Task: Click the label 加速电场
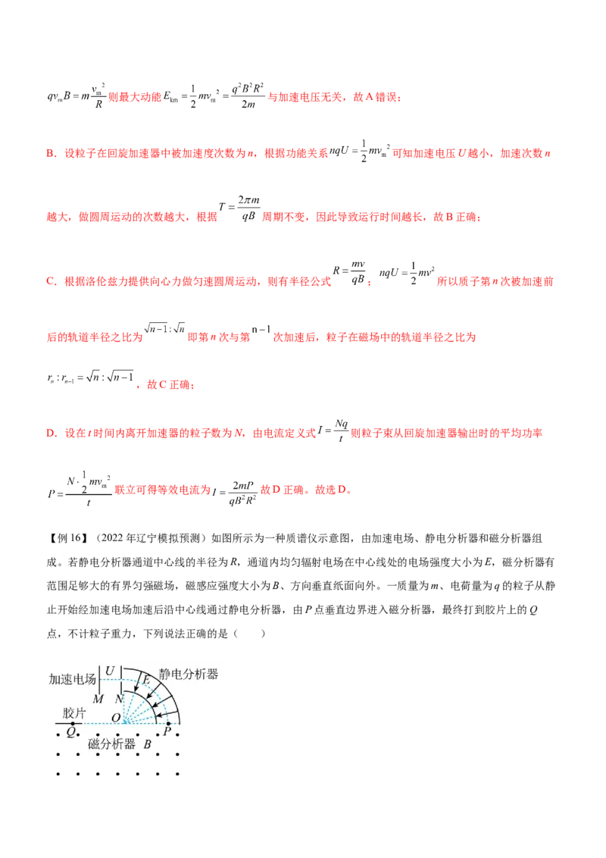click(x=73, y=679)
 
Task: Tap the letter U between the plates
click(x=110, y=671)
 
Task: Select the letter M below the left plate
click(x=97, y=698)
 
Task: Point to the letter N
click(x=119, y=698)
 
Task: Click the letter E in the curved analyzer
click(x=146, y=680)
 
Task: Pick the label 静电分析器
click(x=189, y=674)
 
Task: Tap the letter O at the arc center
click(x=116, y=718)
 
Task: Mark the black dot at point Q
click(x=73, y=725)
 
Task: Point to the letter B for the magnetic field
click(x=148, y=744)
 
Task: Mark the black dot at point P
click(x=167, y=725)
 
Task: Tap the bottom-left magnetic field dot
click(x=58, y=774)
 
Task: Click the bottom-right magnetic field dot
click(x=177, y=774)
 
